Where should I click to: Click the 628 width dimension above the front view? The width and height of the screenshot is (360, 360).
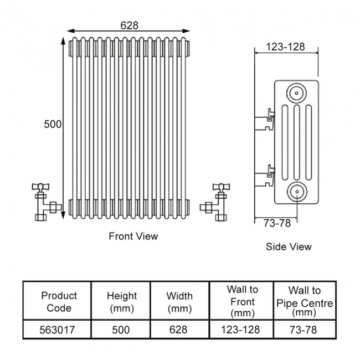pos(129,25)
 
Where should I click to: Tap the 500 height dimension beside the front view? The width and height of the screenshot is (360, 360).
pos(53,125)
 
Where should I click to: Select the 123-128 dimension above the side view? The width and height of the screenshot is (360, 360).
pos(285,47)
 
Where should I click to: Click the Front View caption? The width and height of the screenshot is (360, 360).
pos(133,236)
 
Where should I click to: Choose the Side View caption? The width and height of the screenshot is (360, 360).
pos(289,246)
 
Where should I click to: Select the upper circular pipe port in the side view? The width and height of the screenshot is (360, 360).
pos(297,92)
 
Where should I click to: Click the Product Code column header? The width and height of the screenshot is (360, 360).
pos(59,301)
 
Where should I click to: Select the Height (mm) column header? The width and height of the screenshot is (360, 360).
pos(121,301)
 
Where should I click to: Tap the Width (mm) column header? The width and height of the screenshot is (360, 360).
pos(179,301)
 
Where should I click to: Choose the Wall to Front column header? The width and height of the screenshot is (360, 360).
pos(242,301)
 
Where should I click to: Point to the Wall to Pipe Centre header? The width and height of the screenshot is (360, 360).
pos(305,301)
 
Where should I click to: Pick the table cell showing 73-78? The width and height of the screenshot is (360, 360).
pos(305,330)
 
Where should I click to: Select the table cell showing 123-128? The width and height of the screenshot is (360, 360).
pos(242,330)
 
